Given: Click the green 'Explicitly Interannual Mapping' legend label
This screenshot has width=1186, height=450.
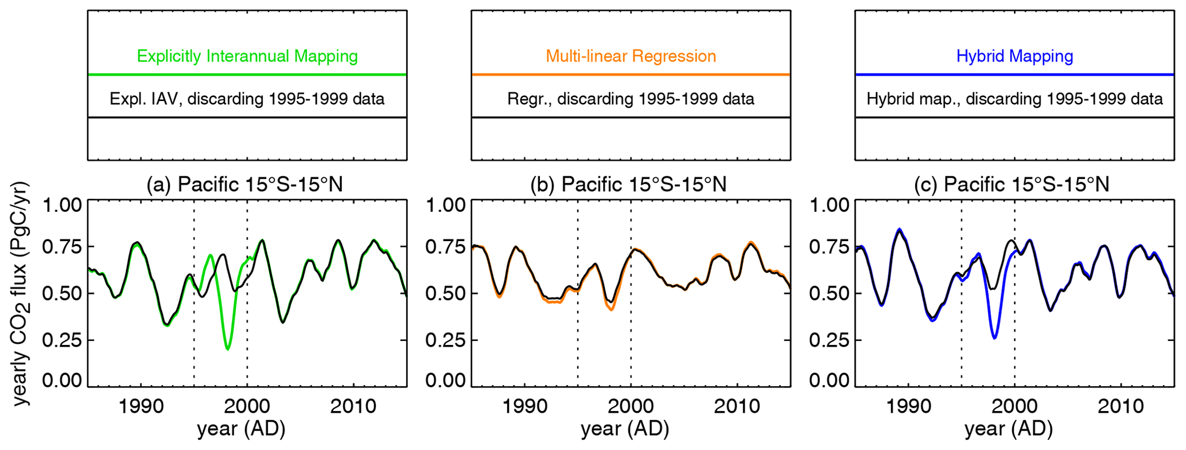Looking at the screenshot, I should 247,56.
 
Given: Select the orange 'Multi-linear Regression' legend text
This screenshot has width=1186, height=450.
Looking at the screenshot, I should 631,56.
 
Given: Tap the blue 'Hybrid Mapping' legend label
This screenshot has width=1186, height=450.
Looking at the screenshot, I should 1014,56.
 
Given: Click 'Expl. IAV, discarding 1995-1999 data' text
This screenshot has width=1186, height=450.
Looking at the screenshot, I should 247,99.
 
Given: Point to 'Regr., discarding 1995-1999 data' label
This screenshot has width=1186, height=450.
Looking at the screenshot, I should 631,99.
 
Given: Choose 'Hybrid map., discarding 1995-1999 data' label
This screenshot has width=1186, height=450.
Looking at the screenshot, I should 1014,99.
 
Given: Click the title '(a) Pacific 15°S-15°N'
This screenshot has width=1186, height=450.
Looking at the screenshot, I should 245,184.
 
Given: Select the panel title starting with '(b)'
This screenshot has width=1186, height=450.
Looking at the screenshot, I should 628,184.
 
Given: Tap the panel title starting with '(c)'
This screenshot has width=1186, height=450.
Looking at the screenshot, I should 1012,184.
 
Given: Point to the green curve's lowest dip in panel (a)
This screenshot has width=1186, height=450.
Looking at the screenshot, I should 228,348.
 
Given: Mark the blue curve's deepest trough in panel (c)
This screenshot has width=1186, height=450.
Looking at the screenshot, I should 994,338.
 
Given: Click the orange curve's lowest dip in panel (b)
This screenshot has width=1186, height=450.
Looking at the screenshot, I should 612,309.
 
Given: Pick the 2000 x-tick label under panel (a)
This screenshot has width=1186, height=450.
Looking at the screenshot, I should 247,406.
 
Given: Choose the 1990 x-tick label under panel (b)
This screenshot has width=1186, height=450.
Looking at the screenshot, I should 524,406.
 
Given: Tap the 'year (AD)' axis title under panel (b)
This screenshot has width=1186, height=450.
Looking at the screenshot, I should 625,429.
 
